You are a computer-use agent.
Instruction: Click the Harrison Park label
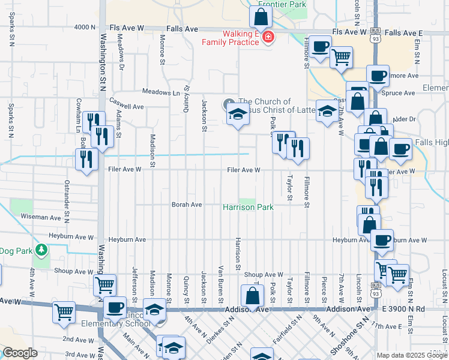(x=248, y=208)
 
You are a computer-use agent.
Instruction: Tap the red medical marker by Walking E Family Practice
(x=267, y=38)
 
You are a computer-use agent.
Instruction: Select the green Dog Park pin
(x=41, y=249)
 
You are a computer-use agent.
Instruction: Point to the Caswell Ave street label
(x=126, y=106)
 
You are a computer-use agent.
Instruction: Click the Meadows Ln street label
(x=161, y=92)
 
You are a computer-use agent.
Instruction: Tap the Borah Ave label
(x=187, y=205)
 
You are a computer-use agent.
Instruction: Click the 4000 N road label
(x=85, y=28)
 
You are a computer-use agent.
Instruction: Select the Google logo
(x=20, y=353)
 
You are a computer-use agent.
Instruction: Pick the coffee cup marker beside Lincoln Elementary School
(x=115, y=308)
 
